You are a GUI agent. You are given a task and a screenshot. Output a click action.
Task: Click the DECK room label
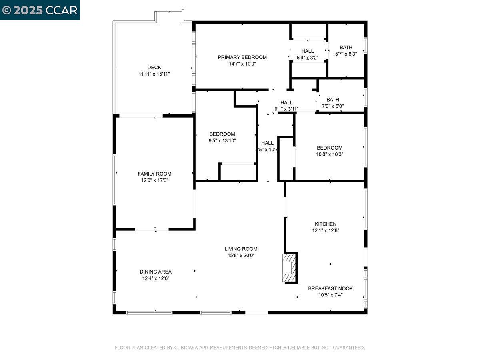[x=154, y=68]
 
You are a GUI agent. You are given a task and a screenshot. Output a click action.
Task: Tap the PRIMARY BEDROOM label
[x=242, y=57]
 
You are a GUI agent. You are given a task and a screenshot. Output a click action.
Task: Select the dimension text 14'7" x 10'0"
[x=242, y=64]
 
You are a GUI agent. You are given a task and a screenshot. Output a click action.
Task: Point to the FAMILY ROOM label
[x=154, y=174]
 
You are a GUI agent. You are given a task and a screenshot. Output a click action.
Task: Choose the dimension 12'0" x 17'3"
[x=154, y=180]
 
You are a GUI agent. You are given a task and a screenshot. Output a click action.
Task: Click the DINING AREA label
[x=156, y=272]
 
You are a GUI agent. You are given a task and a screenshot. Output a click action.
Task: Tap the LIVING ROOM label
[x=241, y=249]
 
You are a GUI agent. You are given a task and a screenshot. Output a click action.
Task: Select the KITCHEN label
[x=326, y=224]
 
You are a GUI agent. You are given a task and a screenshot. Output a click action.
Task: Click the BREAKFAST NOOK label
[x=330, y=288]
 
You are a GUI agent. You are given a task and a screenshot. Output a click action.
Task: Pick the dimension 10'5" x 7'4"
[x=330, y=295]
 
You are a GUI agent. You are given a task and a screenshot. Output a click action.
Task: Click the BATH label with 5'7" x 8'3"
[x=346, y=47]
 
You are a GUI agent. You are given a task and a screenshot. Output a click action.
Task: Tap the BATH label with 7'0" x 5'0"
[x=333, y=100]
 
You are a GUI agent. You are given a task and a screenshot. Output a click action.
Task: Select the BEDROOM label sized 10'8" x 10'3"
[x=330, y=148]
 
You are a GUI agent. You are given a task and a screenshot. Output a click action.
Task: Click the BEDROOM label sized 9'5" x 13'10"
[x=222, y=134]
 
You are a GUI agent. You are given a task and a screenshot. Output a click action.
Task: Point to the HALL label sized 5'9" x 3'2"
[x=308, y=51]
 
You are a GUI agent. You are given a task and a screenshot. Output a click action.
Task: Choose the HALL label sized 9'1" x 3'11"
[x=286, y=103]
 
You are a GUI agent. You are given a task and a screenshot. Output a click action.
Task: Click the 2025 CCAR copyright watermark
[x=40, y=10]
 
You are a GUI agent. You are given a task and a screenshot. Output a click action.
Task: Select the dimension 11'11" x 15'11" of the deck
[x=154, y=74]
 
